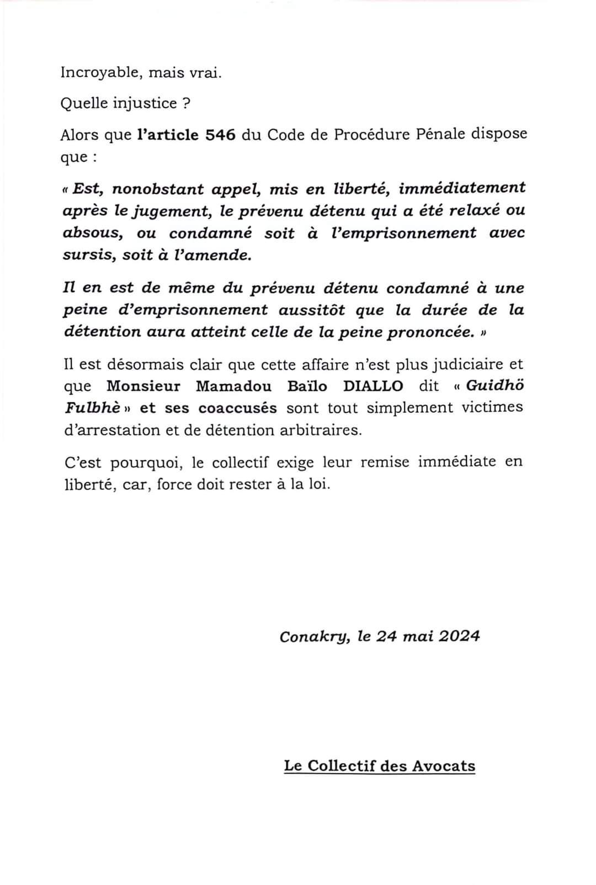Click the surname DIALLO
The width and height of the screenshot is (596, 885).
tap(373, 386)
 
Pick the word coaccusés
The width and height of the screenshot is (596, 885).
tap(237, 408)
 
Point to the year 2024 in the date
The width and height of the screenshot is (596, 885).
tap(460, 636)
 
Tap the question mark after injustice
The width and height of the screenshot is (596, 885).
tap(186, 103)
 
